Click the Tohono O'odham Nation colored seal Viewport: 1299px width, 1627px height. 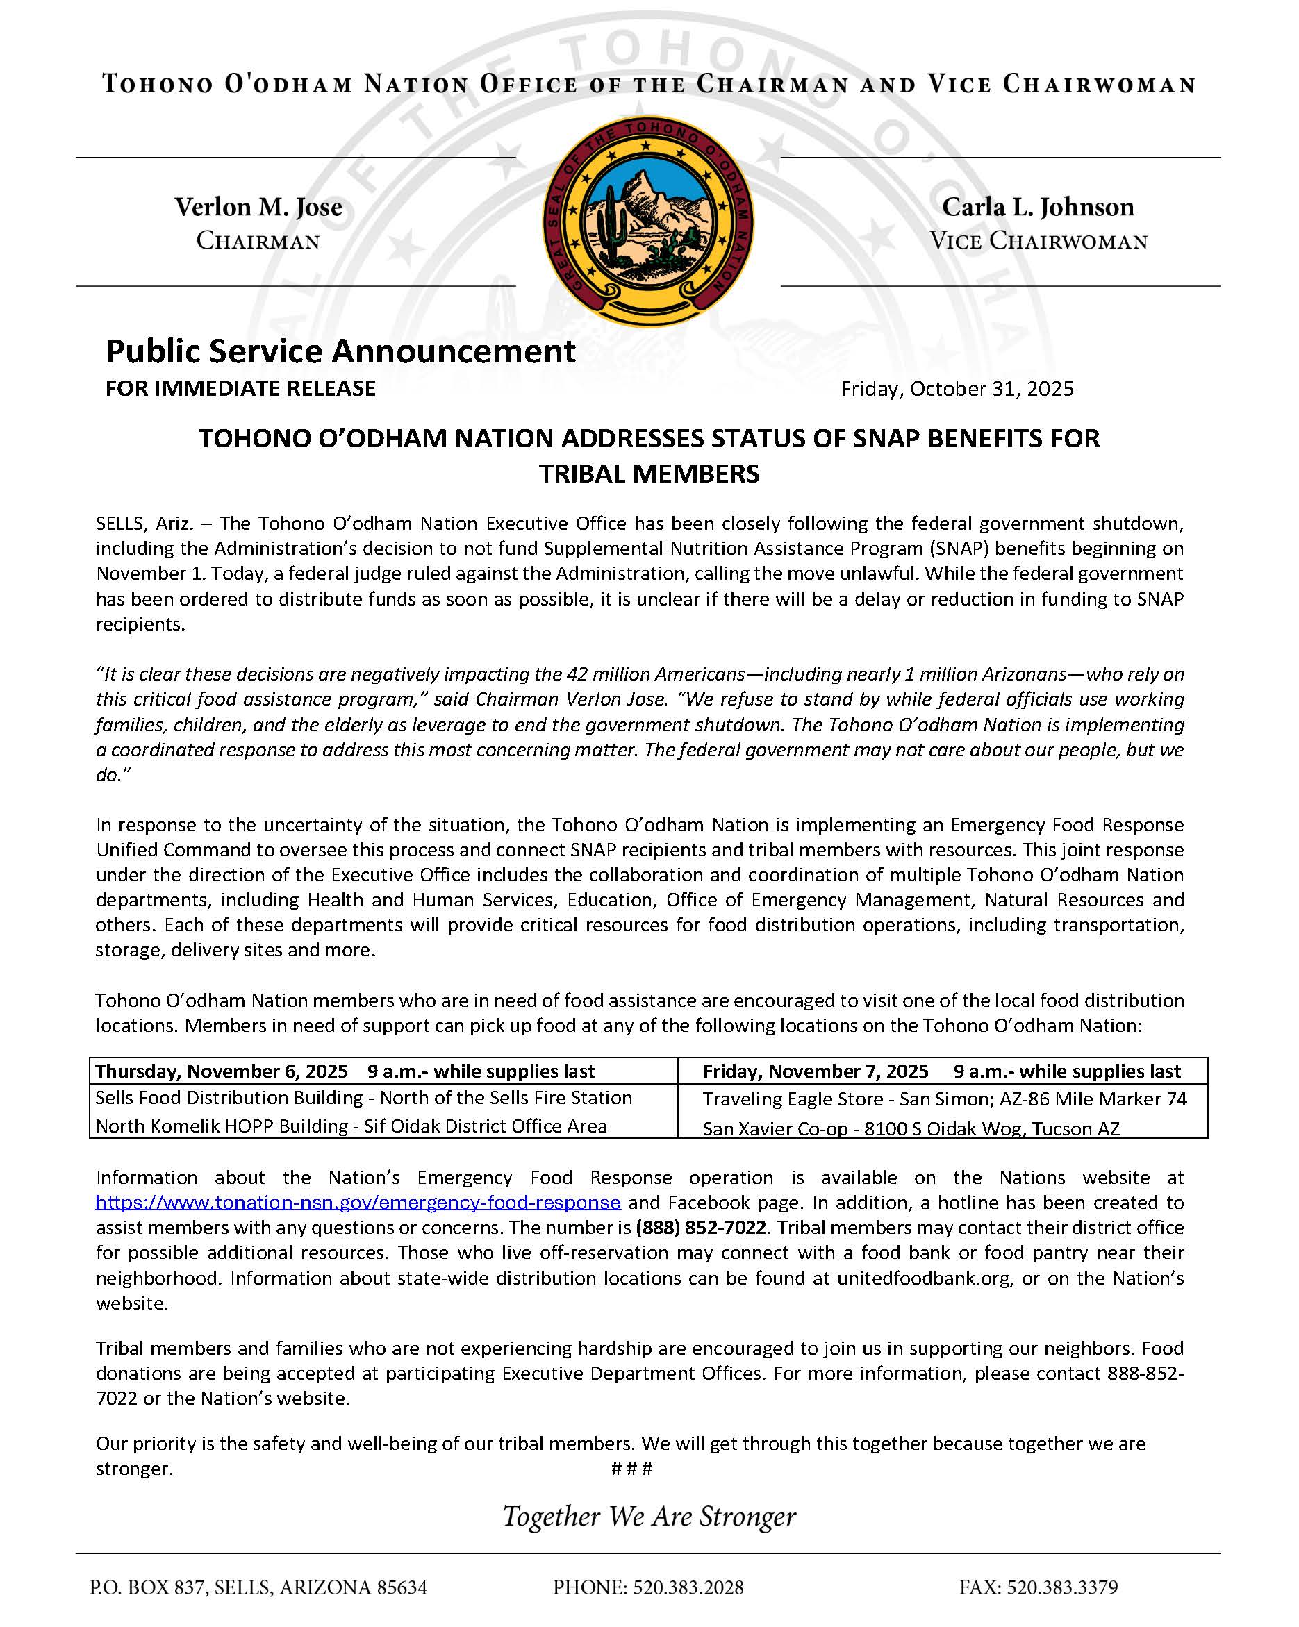pos(648,221)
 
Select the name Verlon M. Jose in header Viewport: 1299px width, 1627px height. pos(258,207)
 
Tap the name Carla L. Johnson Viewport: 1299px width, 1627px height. pos(1038,207)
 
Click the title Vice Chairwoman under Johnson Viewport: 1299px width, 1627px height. pos(1039,242)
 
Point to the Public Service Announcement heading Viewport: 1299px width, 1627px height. pos(340,351)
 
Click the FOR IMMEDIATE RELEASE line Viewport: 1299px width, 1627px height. pos(241,388)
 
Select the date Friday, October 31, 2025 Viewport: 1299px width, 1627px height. pos(957,389)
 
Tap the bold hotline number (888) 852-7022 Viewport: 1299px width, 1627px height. pos(701,1227)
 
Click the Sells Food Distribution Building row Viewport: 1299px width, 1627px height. pos(364,1097)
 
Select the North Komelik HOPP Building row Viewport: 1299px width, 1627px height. pos(351,1126)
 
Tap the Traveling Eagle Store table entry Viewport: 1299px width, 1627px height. pos(944,1099)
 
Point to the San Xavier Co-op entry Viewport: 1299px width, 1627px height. pos(911,1128)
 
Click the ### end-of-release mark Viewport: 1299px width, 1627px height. pos(631,1468)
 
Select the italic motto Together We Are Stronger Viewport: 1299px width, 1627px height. pos(649,1516)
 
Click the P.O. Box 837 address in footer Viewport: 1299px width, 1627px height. pos(258,1587)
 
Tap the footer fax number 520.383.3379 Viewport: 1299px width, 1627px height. pos(1038,1587)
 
